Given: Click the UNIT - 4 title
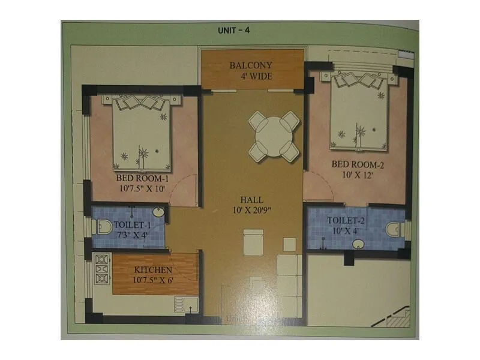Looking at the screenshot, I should (233, 30).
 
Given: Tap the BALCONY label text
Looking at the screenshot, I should (251, 65).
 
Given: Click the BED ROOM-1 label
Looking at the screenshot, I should (142, 178).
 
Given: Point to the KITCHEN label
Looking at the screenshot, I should (153, 270).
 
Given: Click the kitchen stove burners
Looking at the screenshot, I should (101, 271).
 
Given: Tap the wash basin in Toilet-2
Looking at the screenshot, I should (358, 244).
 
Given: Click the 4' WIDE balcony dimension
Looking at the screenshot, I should (252, 76).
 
